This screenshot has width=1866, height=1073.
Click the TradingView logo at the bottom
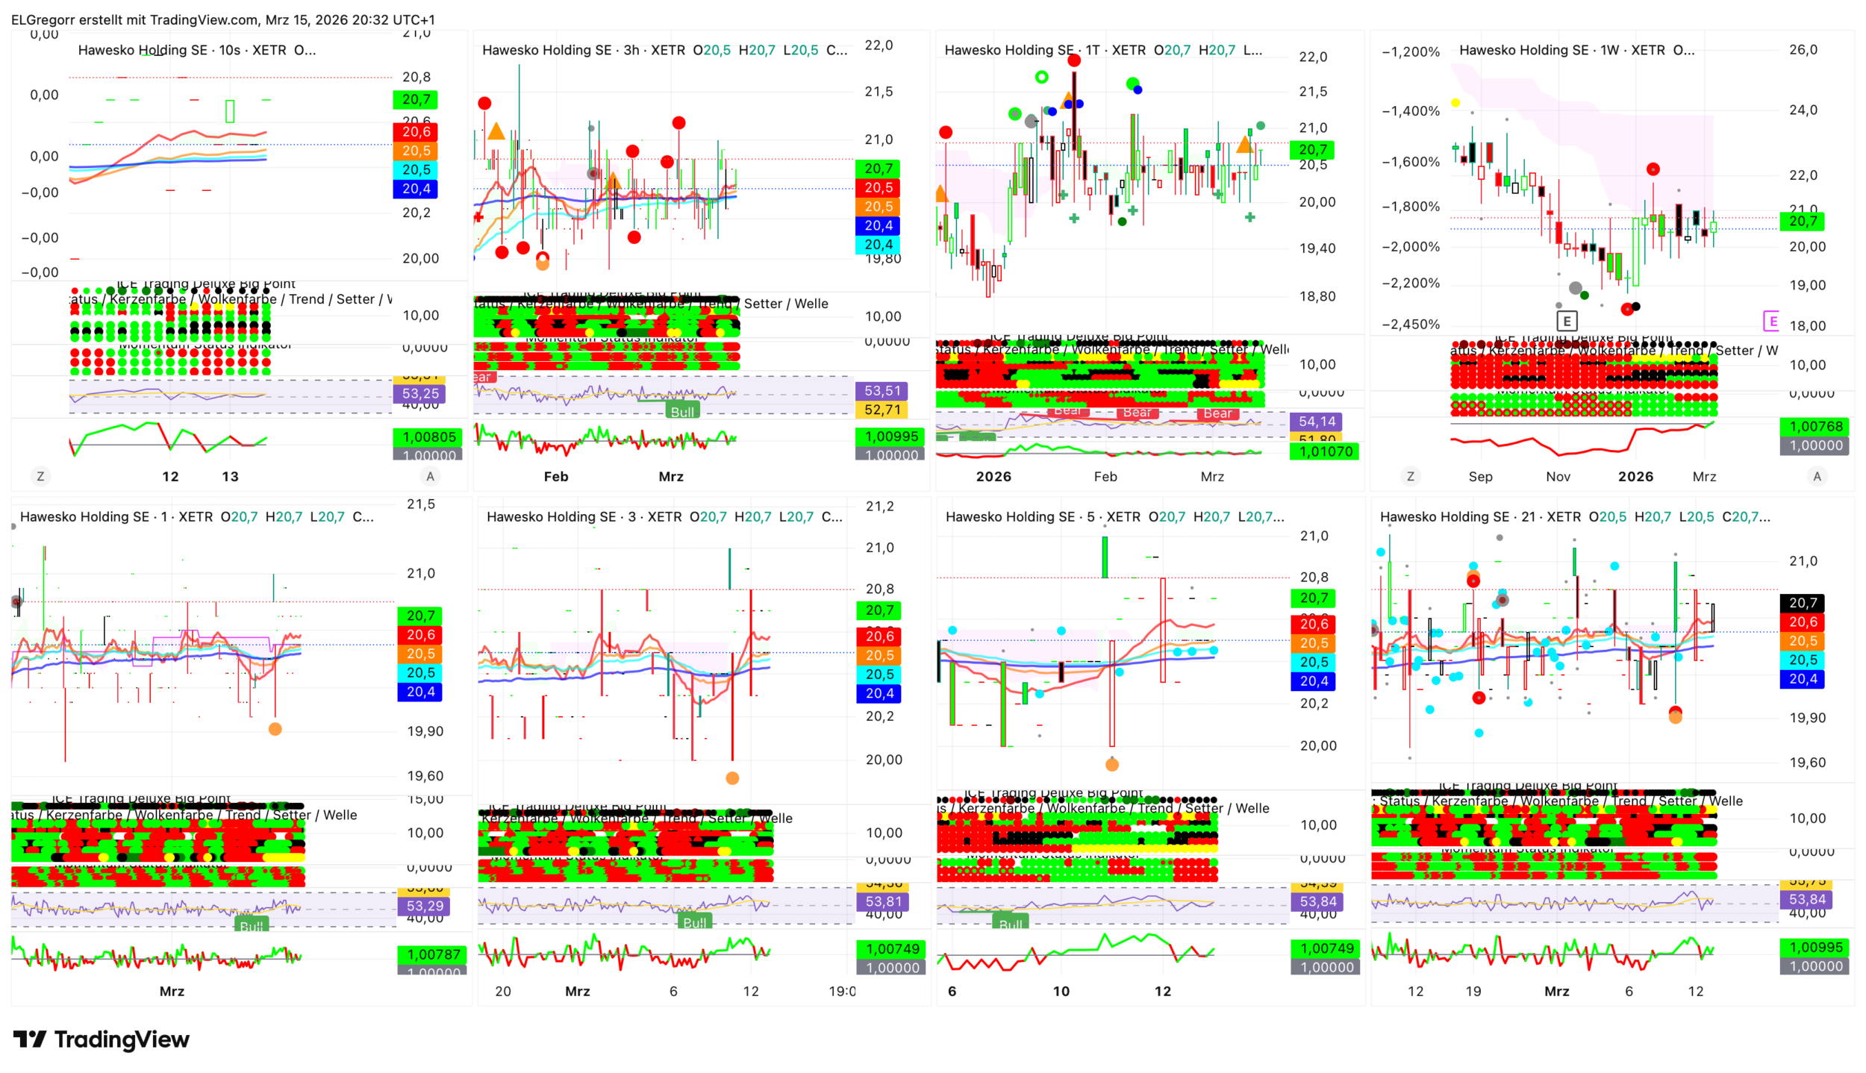pos(102,1039)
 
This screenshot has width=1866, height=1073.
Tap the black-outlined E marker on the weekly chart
pos(1567,321)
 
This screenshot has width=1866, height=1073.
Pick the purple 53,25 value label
pos(420,393)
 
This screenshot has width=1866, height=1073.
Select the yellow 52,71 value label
pos(881,410)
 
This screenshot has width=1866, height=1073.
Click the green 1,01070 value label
pos(1325,451)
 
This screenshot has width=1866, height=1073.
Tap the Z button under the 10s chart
pos(40,476)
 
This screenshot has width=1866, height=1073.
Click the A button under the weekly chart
pos(1817,476)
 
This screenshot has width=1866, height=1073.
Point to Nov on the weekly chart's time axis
pos(1558,476)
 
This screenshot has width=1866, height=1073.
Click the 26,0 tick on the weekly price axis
pos(1803,50)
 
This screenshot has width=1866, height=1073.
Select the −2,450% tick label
pos(1410,325)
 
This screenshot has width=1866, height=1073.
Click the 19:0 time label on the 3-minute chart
pos(842,991)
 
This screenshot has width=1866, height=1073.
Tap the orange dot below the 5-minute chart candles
pos(1111,764)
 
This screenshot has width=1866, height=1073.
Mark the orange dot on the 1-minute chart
pos(275,729)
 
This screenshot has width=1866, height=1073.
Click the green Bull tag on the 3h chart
pos(682,411)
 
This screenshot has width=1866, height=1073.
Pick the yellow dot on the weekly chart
pos(1455,103)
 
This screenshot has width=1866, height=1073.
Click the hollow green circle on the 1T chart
pos(1041,77)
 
